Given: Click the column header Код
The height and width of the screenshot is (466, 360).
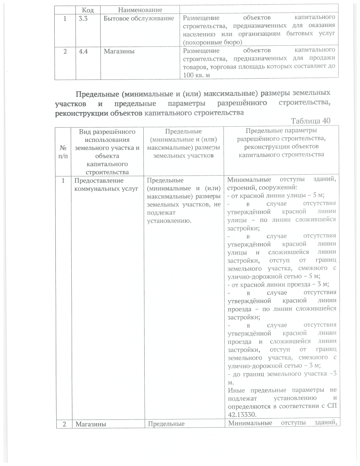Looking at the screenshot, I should tap(88, 10).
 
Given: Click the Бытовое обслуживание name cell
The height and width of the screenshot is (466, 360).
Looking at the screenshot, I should tap(139, 18).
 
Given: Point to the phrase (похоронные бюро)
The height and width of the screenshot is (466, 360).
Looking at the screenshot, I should tap(212, 42).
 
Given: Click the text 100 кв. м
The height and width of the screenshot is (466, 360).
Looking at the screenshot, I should tap(196, 75).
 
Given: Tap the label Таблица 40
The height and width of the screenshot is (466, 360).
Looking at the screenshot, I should tap(311, 121).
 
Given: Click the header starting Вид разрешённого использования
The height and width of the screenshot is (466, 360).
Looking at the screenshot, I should tap(107, 152).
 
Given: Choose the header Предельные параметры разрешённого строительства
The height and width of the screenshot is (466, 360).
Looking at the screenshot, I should tap(281, 143).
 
